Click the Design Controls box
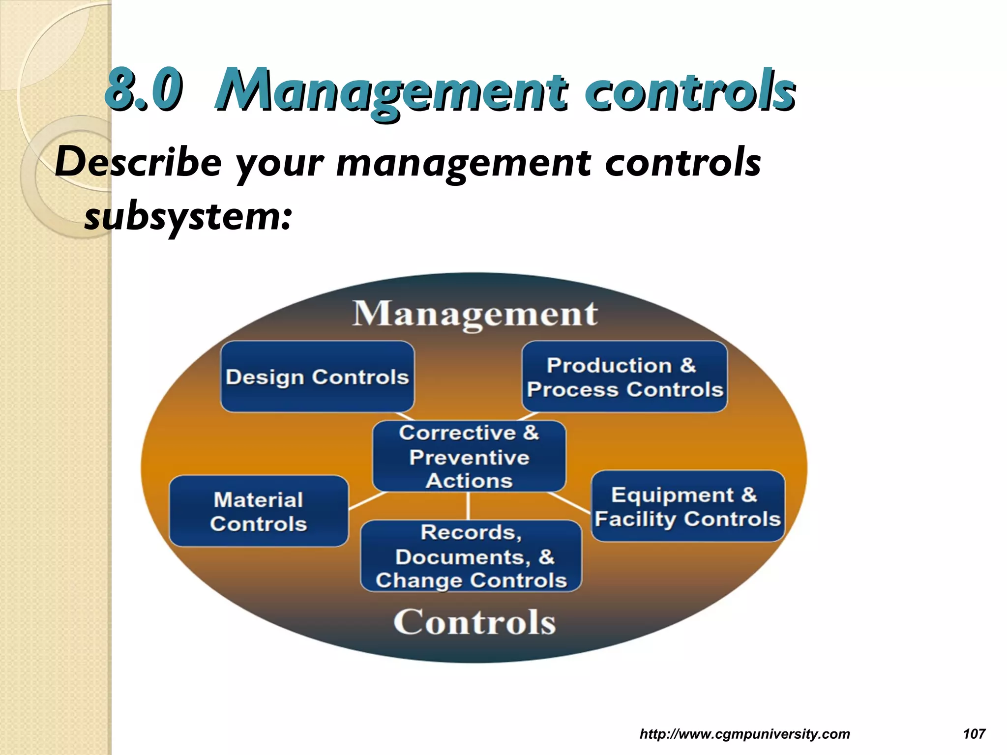(317, 377)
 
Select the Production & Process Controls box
(624, 377)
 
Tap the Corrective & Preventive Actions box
(469, 456)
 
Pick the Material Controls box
(259, 511)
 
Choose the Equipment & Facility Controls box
(687, 506)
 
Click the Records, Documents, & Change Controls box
(471, 556)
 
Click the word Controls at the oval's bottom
(474, 622)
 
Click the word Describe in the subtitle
(138, 163)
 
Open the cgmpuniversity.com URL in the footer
(744, 734)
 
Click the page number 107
(974, 734)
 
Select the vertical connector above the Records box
(468, 506)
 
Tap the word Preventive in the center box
(469, 458)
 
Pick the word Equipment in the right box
(672, 495)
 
